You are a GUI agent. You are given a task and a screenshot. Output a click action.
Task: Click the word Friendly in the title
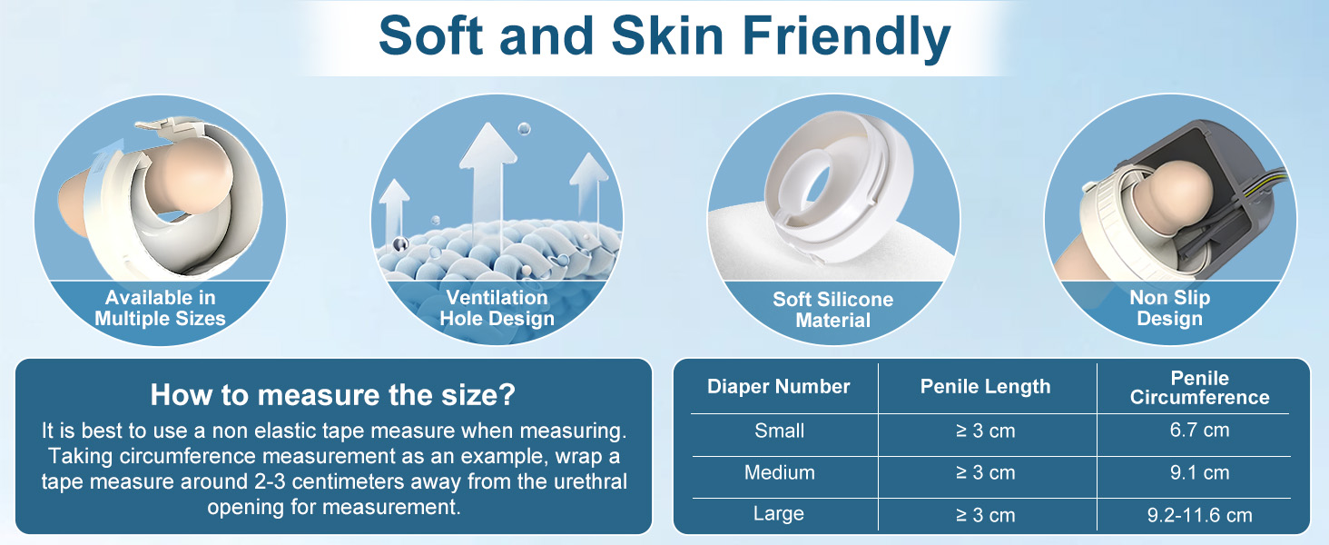[846, 37]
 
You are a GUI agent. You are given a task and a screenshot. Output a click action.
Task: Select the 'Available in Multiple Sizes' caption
[160, 308]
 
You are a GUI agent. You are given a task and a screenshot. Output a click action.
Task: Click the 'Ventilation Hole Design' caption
[497, 308]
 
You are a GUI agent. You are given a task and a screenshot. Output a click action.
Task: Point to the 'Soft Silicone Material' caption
[833, 310]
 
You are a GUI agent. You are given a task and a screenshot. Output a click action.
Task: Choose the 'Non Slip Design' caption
[1169, 308]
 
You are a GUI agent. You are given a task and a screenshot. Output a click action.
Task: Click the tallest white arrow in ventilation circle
[487, 184]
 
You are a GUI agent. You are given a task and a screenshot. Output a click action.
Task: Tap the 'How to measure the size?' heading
[333, 394]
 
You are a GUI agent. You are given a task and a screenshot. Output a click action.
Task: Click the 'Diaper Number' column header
[778, 386]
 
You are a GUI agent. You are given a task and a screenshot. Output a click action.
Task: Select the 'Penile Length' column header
[986, 387]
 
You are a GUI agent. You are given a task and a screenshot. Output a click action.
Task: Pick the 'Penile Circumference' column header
[1200, 388]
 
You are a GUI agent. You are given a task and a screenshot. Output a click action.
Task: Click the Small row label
[779, 431]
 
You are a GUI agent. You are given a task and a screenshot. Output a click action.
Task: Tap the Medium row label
[779, 472]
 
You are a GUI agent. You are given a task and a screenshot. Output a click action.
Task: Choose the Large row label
[778, 513]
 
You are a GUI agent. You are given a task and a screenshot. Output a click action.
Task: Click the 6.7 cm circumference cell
[1200, 430]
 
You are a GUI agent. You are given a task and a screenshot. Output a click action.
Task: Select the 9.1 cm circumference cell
[1200, 472]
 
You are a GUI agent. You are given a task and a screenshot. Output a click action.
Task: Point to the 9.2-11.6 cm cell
[1200, 515]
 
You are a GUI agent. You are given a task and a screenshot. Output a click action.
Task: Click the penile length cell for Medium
[986, 472]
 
